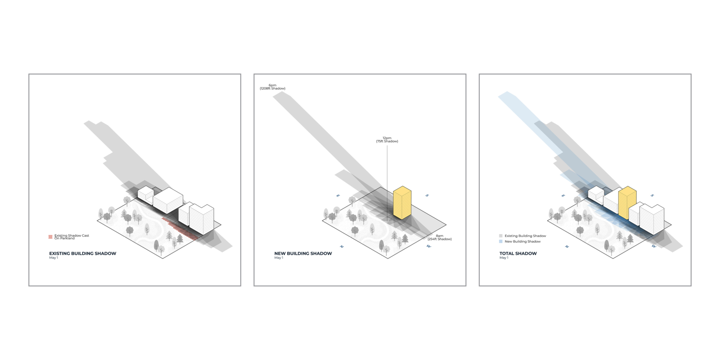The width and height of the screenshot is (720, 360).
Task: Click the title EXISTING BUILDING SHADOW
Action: click(x=83, y=253)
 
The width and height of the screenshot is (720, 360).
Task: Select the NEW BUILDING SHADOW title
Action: click(x=303, y=253)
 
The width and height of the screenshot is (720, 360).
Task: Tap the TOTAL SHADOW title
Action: click(x=518, y=253)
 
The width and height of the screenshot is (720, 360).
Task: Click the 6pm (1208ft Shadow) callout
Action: click(x=273, y=87)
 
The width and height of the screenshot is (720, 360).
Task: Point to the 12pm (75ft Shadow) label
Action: click(x=387, y=139)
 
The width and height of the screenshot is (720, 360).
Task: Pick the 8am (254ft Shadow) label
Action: click(x=439, y=238)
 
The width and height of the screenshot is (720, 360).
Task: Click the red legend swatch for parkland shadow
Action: click(x=50, y=237)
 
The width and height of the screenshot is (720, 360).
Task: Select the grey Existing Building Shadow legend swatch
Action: click(x=501, y=236)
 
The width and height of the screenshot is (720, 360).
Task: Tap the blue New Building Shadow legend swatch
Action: click(x=501, y=241)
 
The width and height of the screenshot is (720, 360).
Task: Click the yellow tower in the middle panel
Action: click(x=402, y=202)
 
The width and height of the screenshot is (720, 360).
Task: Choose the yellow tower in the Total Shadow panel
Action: click(x=627, y=202)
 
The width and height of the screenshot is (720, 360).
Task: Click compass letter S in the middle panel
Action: click(x=427, y=195)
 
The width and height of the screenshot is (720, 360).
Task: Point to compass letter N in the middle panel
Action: click(x=342, y=247)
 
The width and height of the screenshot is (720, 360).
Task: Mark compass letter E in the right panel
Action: click(x=563, y=195)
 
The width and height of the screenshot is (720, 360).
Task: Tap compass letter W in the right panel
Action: click(x=654, y=246)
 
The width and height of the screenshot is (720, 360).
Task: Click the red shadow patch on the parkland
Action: click(x=180, y=229)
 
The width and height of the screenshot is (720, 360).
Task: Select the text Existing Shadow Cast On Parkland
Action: click(x=72, y=237)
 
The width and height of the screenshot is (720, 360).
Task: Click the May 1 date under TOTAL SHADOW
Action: click(x=504, y=258)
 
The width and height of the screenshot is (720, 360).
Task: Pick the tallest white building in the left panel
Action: click(x=202, y=219)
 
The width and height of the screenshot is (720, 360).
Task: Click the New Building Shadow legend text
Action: click(x=522, y=241)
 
